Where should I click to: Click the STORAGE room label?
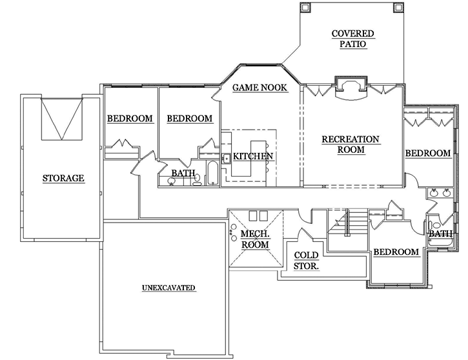63,178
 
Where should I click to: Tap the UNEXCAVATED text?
168,288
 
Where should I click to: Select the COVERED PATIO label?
352,39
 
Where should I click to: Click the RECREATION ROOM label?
351,145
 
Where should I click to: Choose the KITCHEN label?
253,156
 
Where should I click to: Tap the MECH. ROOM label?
255,239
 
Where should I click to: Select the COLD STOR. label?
307,259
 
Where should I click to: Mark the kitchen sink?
227,158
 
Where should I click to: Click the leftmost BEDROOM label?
130,119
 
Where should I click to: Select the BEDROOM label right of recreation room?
427,153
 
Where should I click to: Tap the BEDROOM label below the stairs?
396,252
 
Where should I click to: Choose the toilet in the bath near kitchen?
198,182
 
